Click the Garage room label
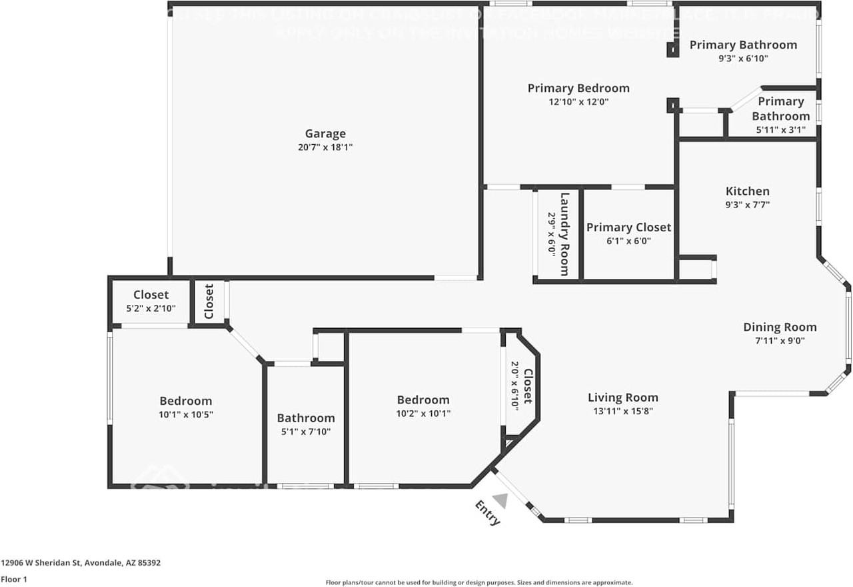(x=325, y=133)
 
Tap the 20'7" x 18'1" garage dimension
(x=325, y=147)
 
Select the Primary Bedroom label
(x=578, y=88)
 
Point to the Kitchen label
(x=747, y=191)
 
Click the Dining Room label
(x=780, y=327)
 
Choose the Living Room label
(x=622, y=398)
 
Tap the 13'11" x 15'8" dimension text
(x=622, y=411)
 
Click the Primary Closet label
(x=628, y=227)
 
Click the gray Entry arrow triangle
(x=501, y=500)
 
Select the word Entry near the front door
(x=487, y=513)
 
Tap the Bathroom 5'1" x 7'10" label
(x=306, y=418)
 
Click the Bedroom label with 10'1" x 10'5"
(x=185, y=401)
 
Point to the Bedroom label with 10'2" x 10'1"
(x=423, y=400)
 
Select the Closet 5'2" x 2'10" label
(x=151, y=295)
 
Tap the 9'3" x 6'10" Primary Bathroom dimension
(x=743, y=59)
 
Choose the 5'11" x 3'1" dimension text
(x=780, y=130)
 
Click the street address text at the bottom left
(x=81, y=562)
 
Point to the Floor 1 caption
(x=14, y=579)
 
